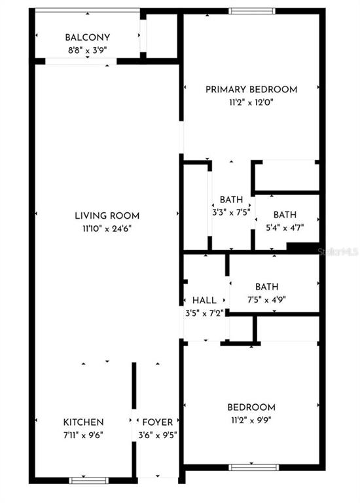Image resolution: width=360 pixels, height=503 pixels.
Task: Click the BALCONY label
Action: (x=87, y=37)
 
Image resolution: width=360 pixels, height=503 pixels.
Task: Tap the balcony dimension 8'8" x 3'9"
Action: (x=87, y=50)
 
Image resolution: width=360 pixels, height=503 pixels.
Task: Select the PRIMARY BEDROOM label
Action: (x=251, y=89)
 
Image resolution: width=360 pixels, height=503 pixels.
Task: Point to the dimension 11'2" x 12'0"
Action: (x=251, y=102)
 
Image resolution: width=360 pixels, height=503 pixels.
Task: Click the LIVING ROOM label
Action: (x=107, y=215)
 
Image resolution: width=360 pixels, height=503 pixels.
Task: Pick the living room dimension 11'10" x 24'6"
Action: (x=107, y=229)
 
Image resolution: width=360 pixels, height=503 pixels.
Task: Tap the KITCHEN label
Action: (x=83, y=422)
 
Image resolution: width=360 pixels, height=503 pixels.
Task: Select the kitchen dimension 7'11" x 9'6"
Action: (x=83, y=436)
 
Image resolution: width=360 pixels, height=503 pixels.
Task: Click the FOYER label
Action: (x=157, y=422)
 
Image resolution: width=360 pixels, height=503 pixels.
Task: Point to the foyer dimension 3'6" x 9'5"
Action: (x=158, y=436)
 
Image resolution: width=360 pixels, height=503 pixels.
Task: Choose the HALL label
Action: (x=204, y=301)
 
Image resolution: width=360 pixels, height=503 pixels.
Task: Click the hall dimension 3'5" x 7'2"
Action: (x=204, y=313)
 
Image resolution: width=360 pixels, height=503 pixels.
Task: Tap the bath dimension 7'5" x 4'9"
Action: (x=266, y=300)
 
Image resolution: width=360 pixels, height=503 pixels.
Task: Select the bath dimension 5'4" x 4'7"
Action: (x=285, y=228)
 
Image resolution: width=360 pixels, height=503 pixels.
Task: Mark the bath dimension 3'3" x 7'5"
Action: (x=231, y=212)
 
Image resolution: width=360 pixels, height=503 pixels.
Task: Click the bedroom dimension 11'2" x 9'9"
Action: (x=251, y=420)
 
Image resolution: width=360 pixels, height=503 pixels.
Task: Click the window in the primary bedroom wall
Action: (x=252, y=11)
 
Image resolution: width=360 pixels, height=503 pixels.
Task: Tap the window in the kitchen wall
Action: (x=89, y=481)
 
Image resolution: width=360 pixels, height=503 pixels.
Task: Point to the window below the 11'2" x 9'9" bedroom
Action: (x=253, y=468)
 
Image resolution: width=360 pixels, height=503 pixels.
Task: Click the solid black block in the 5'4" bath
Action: (x=303, y=247)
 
